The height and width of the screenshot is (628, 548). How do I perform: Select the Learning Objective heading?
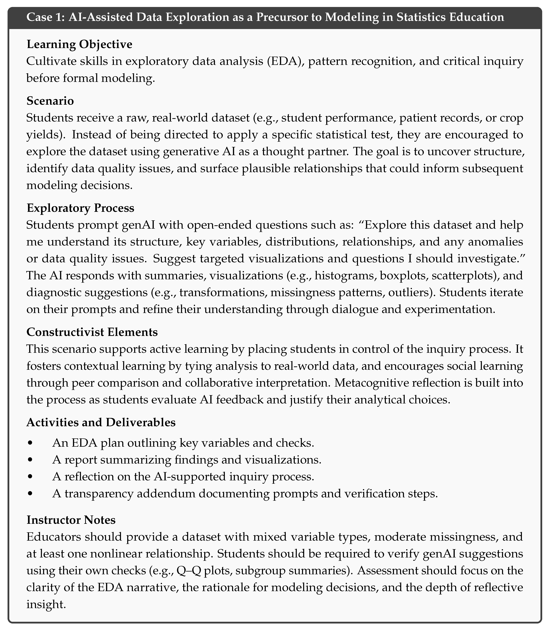tap(79, 44)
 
